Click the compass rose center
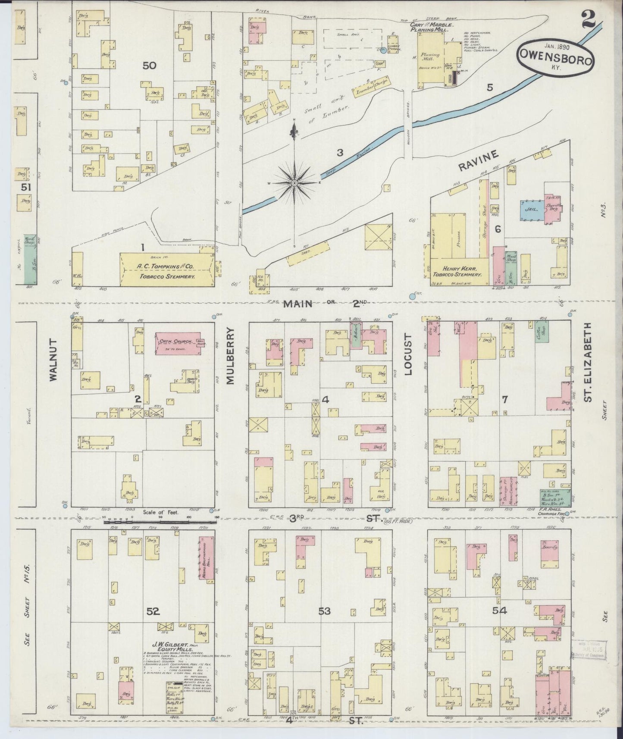click(294, 183)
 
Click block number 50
click(150, 66)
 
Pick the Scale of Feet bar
click(160, 522)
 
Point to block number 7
click(504, 400)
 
